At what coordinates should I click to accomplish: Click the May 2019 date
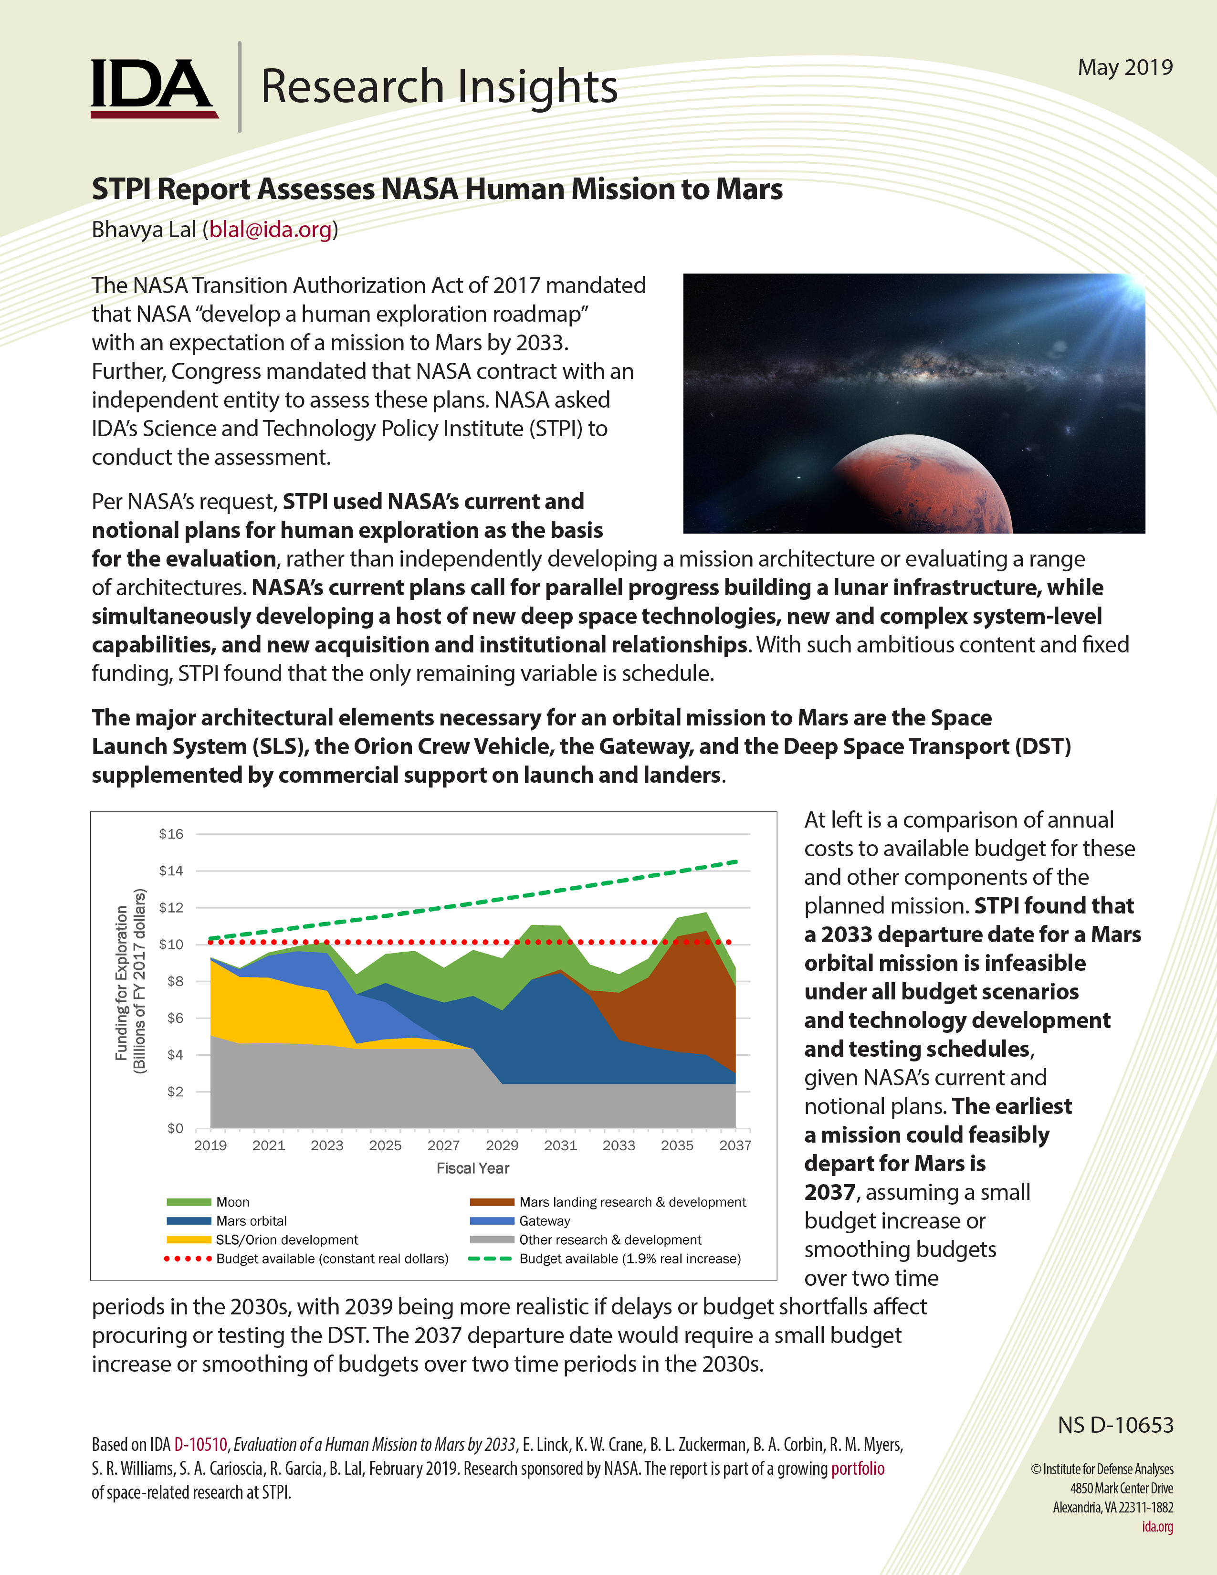coord(1125,67)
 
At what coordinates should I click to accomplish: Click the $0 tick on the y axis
coord(175,1128)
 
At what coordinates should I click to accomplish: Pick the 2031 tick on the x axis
coord(560,1145)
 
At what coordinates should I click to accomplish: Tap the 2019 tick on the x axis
coord(210,1145)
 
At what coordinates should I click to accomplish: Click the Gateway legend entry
coord(545,1221)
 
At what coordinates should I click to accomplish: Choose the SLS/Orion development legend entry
coord(286,1239)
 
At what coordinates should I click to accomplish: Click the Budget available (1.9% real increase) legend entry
coord(629,1259)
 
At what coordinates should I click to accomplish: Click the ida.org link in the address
coord(1157,1527)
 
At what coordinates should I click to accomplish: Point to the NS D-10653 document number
coord(1115,1425)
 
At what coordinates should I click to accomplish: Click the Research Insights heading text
coord(438,86)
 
